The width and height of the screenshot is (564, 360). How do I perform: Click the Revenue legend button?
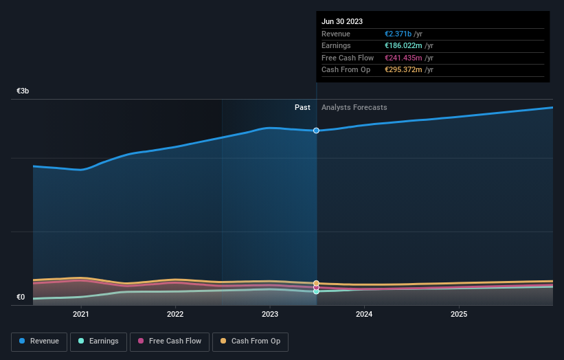coord(39,341)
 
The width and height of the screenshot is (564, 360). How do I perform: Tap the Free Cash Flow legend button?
coord(170,341)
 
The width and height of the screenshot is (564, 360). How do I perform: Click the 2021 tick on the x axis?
coord(81,315)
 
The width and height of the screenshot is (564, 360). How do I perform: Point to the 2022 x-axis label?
coord(175,315)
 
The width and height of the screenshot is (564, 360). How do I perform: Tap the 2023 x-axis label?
coord(270,315)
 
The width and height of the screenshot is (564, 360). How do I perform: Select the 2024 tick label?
coord(364,315)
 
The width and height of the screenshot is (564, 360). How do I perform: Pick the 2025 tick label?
coord(459,315)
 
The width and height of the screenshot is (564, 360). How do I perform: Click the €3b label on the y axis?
coord(23,91)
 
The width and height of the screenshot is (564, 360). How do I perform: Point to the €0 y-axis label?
coord(21,297)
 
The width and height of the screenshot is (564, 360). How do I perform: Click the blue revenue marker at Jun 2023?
coord(316,131)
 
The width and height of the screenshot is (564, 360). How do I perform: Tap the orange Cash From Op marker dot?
coord(316,283)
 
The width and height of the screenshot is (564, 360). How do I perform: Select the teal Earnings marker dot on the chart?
coord(316,291)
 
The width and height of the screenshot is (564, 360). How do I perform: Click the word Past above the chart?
coord(302,107)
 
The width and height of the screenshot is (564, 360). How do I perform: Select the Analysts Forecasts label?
coord(354,107)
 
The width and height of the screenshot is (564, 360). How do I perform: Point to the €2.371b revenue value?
coord(398,34)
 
